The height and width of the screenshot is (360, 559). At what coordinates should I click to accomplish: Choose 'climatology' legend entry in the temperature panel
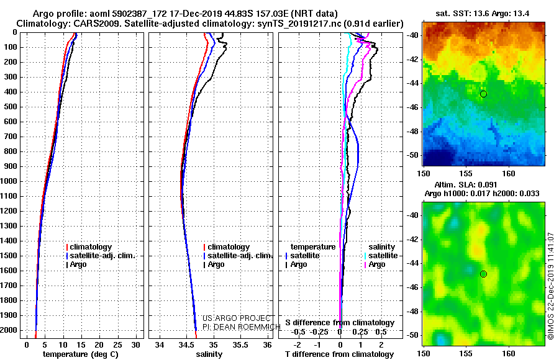(91, 247)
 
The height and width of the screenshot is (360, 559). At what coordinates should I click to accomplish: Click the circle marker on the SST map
(483, 94)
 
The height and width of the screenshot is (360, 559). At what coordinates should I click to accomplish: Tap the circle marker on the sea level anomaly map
(483, 274)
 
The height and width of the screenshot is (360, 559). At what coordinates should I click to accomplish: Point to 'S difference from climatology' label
(340, 323)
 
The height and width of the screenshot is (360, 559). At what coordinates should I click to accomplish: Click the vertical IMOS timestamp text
(551, 286)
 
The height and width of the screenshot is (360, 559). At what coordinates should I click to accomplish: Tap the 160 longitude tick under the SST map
(509, 171)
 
